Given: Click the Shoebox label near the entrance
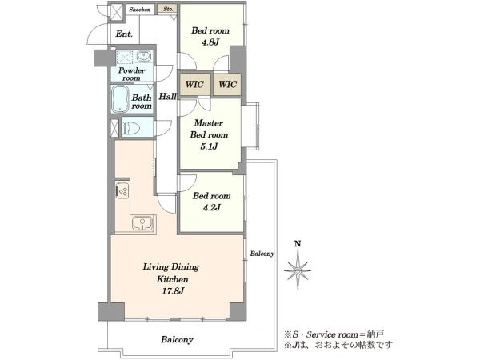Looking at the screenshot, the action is [139, 10].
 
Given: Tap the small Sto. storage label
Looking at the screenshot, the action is [168, 9].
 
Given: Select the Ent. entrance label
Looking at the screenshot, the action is [124, 34].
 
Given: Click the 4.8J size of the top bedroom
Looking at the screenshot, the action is [210, 42].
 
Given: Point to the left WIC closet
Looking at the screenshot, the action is [194, 84].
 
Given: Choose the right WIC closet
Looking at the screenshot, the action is [227, 84].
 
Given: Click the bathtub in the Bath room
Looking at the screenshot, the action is [120, 99].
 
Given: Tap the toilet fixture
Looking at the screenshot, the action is [130, 127].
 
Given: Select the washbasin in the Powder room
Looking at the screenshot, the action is [142, 56].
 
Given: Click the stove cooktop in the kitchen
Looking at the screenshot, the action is [122, 190].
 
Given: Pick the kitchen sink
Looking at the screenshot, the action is [142, 222].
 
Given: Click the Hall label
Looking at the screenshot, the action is [167, 97].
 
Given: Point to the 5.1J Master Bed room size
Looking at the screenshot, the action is [209, 146].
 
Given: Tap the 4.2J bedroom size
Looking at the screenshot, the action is [211, 208].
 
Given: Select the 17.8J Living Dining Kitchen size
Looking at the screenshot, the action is [173, 291].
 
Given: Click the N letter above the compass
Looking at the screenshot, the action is [298, 244].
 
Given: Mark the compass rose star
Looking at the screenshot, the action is [298, 270].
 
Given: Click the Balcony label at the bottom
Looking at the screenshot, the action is [178, 339].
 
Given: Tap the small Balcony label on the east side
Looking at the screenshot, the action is [262, 254].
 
